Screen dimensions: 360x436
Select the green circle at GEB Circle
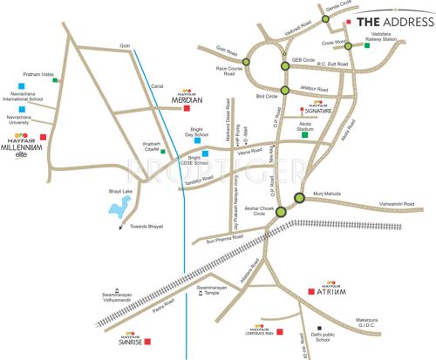click(x=284, y=65)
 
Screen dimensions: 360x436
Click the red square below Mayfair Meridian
click(x=187, y=109)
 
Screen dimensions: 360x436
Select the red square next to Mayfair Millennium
click(x=55, y=137)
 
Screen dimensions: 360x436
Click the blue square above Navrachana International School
click(x=16, y=85)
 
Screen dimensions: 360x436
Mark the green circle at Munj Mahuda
click(x=300, y=197)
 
